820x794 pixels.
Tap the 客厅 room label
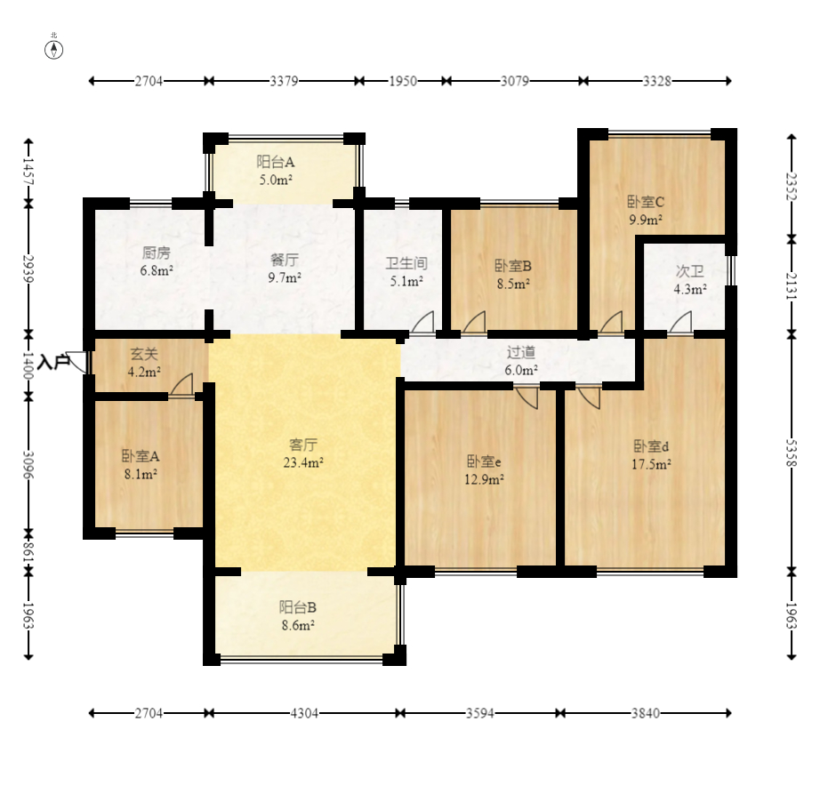(x=303, y=445)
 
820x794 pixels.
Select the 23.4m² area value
(x=303, y=462)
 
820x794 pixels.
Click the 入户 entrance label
(x=53, y=361)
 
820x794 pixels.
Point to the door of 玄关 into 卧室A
(x=181, y=385)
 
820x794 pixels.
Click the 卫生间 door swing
(x=422, y=322)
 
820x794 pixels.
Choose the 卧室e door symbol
(x=527, y=397)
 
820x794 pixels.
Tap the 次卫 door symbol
(x=681, y=322)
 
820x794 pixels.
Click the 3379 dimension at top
(x=284, y=81)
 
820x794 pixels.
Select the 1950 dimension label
(x=403, y=81)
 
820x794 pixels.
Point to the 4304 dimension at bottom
(x=304, y=713)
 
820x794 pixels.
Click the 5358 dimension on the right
(x=792, y=453)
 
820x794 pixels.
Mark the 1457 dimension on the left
(x=28, y=171)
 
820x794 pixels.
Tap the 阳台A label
(x=276, y=162)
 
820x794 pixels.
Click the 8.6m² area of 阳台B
(x=298, y=625)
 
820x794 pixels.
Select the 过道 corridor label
(x=521, y=352)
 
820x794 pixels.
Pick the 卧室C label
(x=646, y=202)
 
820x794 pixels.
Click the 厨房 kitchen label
(x=157, y=253)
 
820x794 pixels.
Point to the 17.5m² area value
(x=652, y=464)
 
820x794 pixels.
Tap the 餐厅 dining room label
(x=285, y=260)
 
